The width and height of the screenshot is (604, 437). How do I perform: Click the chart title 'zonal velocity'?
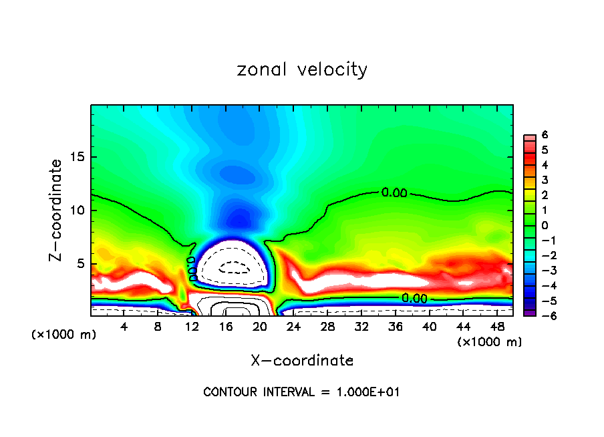click(302, 69)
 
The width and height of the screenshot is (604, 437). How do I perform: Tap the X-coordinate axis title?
click(302, 361)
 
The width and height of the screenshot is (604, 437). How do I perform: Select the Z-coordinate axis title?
click(58, 210)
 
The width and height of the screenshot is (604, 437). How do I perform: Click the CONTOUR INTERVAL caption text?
click(301, 392)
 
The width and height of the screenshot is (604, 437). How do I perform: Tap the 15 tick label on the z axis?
click(78, 158)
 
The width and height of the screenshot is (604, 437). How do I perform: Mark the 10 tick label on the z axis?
click(78, 210)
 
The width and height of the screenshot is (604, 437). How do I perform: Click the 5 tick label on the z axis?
click(81, 264)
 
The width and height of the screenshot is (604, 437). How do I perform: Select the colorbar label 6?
click(545, 134)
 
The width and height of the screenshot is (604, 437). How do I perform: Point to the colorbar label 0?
click(545, 225)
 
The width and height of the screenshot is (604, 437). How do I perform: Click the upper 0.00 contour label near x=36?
click(394, 193)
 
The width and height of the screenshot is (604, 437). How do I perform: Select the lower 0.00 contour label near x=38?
click(414, 298)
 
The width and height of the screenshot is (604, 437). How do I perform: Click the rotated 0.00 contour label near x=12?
click(191, 268)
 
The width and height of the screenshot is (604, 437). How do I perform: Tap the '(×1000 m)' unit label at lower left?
click(64, 335)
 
